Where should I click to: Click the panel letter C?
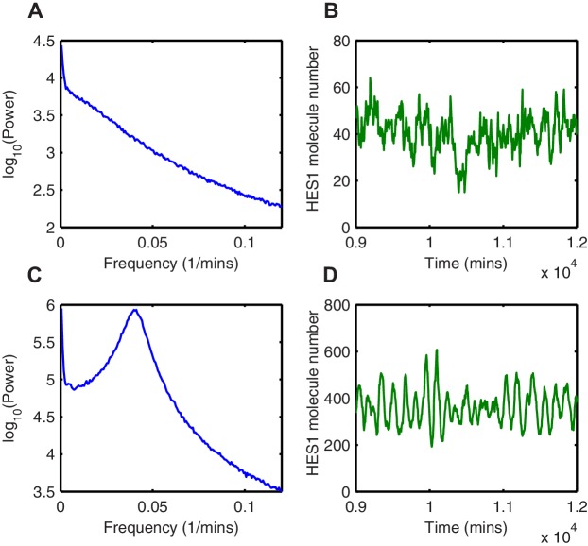pyautogui.click(x=11, y=282)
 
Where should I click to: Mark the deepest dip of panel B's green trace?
pyautogui.click(x=461, y=193)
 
